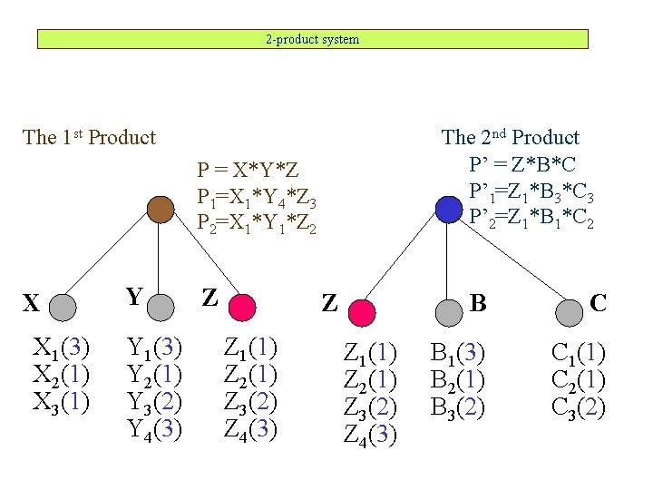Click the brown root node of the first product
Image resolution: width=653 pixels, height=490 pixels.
click(x=161, y=210)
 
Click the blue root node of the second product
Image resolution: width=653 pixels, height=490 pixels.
click(x=449, y=210)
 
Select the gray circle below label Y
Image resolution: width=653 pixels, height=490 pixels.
click(x=161, y=309)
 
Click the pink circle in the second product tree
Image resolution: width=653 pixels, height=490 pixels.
click(x=361, y=312)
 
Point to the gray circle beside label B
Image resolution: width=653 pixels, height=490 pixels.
click(x=449, y=312)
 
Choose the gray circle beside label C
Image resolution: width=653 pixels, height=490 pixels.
click(x=570, y=312)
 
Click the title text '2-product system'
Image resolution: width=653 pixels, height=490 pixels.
click(x=312, y=39)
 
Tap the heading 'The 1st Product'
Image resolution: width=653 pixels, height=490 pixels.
click(x=89, y=138)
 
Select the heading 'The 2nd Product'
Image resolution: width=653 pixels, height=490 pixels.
click(x=510, y=138)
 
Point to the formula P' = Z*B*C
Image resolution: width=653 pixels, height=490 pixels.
click(x=522, y=164)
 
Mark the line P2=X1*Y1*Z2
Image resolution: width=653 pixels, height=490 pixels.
click(x=257, y=220)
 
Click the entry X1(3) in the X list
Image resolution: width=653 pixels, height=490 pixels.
click(x=61, y=347)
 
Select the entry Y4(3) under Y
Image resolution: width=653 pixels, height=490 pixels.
click(x=154, y=426)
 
